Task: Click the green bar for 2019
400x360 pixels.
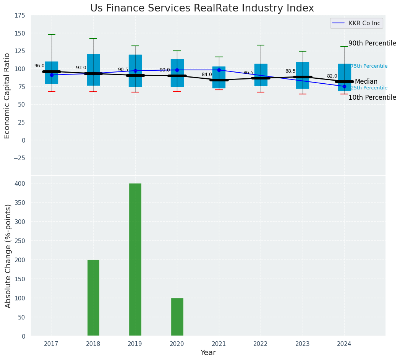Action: [135, 259]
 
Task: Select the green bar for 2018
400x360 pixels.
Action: [93, 298]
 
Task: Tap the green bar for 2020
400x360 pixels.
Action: [177, 317]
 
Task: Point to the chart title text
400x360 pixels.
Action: [202, 8]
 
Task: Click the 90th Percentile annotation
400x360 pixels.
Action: [372, 44]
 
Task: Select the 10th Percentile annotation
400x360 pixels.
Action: [372, 98]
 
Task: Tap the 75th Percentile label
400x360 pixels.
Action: [369, 66]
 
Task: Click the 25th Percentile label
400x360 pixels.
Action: [369, 88]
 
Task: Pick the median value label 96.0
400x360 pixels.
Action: [39, 66]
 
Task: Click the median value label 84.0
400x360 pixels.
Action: [207, 75]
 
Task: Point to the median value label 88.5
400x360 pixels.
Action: [290, 71]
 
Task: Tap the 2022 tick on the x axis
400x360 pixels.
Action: [261, 344]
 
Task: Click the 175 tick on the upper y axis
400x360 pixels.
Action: [20, 16]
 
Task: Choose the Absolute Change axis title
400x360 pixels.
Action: [8, 256]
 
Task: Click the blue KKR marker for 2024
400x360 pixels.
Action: [344, 86]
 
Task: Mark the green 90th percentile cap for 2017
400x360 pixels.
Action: [52, 34]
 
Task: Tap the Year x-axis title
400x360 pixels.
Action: [208, 353]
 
